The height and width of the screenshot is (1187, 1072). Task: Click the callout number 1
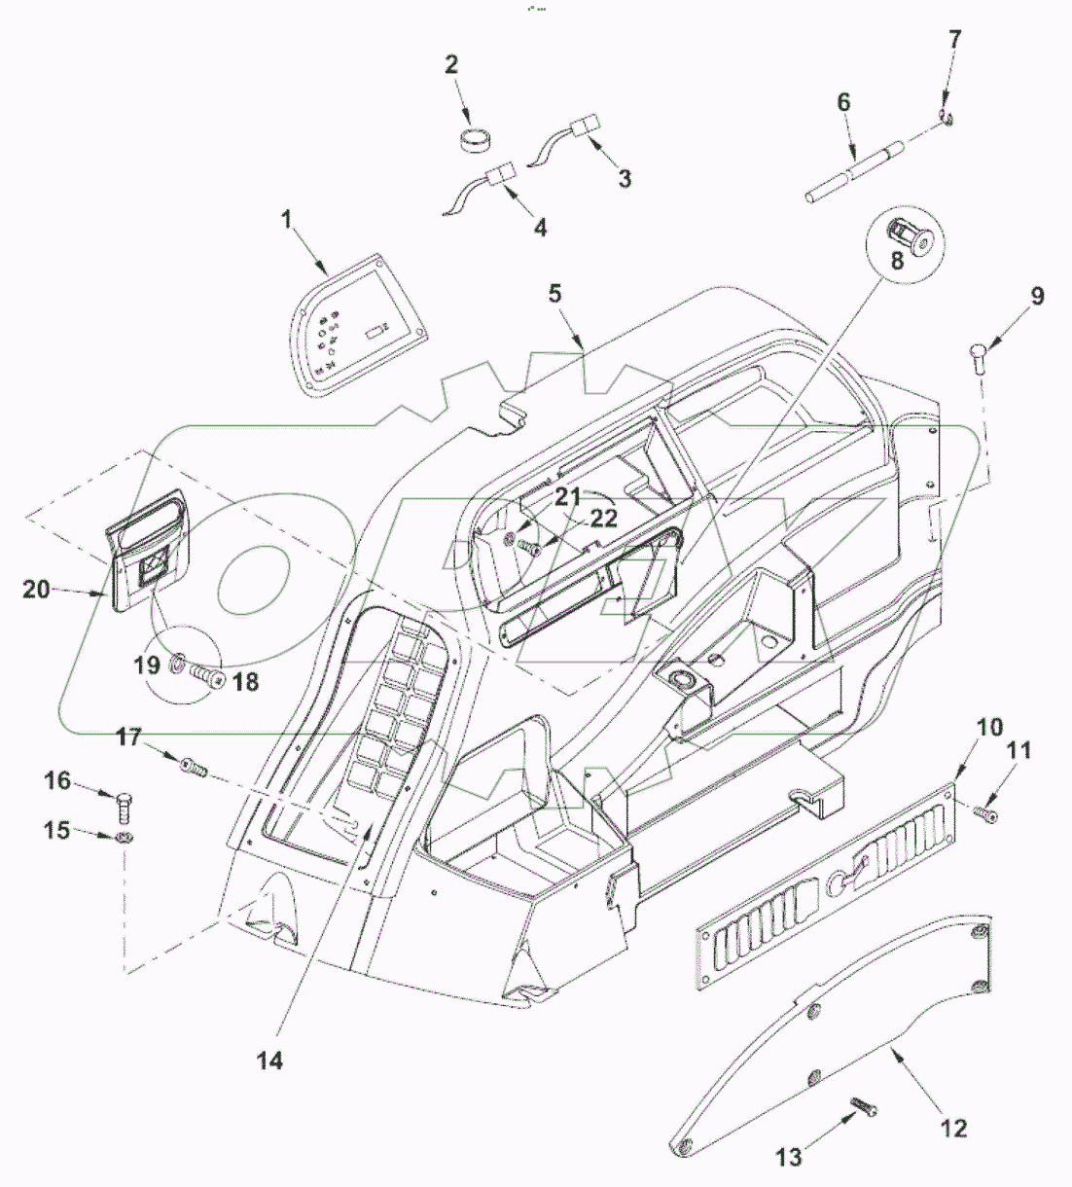click(x=287, y=221)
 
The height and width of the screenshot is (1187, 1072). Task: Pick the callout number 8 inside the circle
click(x=896, y=261)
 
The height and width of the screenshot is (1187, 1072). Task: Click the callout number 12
click(x=954, y=1129)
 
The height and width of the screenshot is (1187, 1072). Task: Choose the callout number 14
click(x=270, y=1060)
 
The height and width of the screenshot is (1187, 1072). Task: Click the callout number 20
click(x=37, y=589)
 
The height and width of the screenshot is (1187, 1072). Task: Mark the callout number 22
click(x=604, y=519)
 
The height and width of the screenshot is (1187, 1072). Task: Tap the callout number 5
click(x=554, y=294)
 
